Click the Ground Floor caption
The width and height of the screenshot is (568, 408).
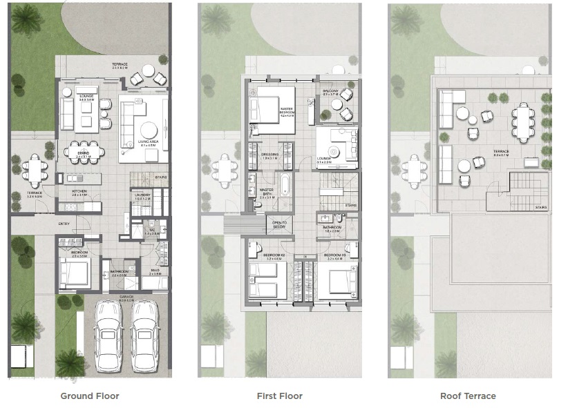(90, 396)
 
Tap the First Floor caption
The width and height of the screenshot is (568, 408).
(280, 396)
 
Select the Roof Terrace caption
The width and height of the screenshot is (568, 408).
(468, 396)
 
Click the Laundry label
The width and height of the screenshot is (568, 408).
(142, 195)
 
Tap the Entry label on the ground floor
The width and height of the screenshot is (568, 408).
(64, 224)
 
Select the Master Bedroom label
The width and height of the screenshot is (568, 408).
(287, 111)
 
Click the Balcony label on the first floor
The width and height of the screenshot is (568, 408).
(330, 91)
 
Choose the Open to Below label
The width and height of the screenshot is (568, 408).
(280, 224)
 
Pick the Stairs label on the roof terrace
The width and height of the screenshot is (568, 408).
(540, 206)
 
